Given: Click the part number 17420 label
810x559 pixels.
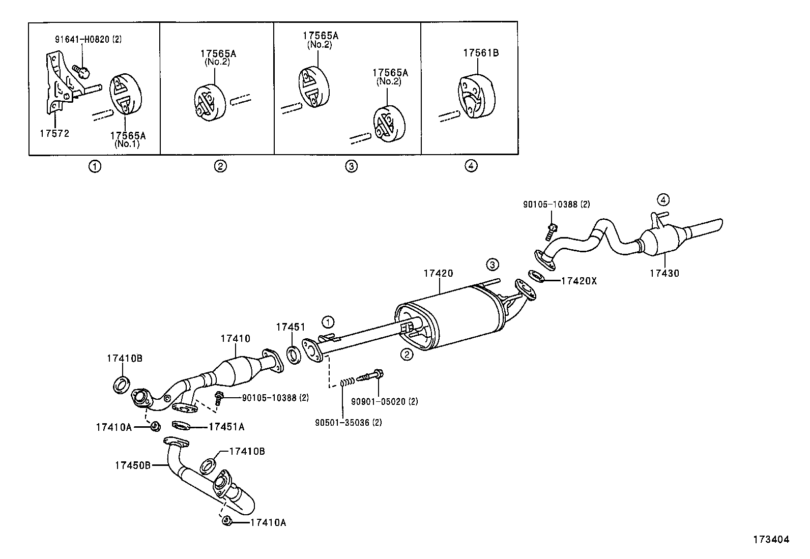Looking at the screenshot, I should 438,273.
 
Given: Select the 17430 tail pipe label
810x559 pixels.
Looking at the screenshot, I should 664,273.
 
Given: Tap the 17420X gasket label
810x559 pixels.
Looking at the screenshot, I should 578,280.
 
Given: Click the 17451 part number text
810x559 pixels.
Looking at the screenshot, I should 290,327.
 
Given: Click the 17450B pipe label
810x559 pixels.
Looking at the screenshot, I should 132,464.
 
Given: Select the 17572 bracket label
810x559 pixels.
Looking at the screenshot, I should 54,133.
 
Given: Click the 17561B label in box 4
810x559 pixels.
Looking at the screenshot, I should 480,52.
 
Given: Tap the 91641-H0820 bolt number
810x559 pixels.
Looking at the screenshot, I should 82,39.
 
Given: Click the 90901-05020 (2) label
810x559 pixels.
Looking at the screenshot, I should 384,401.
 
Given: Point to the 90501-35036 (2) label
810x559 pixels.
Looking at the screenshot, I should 348,422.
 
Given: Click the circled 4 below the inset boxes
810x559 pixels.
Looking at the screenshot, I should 471,165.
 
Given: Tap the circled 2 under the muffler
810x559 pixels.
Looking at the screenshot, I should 407,355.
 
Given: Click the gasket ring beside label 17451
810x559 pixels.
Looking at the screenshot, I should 294,355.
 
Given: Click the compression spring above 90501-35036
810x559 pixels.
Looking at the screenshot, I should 347,381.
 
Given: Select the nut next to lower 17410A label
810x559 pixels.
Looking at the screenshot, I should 227,521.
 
